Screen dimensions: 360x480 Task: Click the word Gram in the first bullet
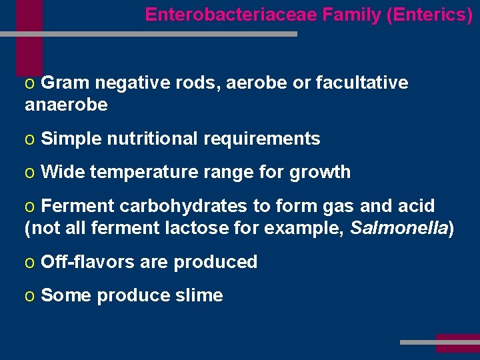[x=65, y=83]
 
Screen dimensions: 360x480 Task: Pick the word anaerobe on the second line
[x=66, y=105]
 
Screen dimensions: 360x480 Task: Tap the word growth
[x=320, y=172]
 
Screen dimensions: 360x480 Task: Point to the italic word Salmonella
[x=398, y=228]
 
